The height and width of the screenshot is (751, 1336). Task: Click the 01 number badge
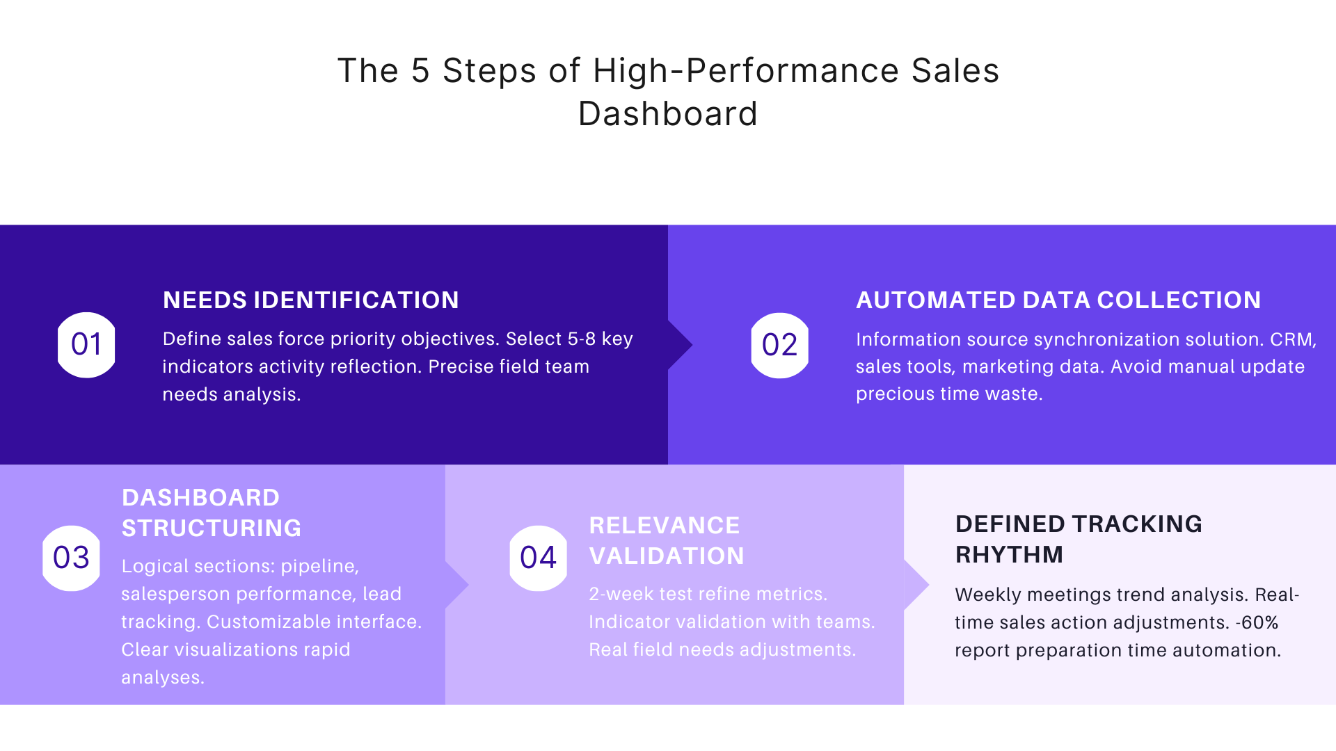coord(86,345)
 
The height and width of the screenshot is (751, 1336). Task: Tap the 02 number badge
coord(779,345)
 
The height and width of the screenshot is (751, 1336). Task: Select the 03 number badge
coord(71,558)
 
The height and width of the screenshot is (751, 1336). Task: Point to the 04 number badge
coord(538,558)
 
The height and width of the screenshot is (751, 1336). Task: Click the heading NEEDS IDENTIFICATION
coord(310,300)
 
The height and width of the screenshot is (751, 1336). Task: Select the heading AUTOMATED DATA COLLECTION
coord(1058,300)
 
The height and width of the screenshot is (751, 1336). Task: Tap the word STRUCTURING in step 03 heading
coord(212,528)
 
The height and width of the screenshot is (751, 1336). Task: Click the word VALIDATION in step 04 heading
coord(666,556)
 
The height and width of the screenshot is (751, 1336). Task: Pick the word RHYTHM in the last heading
coord(1009,555)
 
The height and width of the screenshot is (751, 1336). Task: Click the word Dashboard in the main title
coord(667,114)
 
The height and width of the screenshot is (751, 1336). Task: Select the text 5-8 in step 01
coord(582,339)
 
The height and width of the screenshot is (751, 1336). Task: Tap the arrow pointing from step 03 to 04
coord(456,585)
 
